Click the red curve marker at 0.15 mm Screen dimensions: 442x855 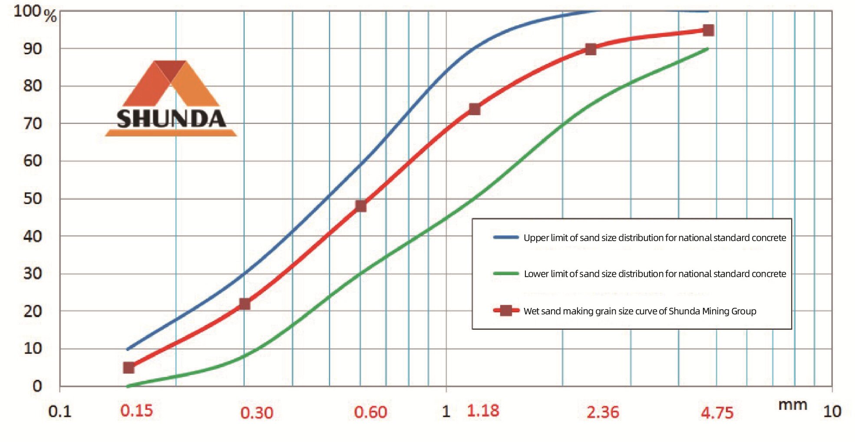[129, 368]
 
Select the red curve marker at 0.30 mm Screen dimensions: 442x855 [244, 304]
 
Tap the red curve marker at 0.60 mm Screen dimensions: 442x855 [360, 206]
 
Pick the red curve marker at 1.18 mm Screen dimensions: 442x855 [475, 109]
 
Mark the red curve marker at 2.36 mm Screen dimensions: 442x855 [591, 49]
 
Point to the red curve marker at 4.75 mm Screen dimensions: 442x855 [708, 30]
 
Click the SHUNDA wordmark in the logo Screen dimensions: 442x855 [171, 119]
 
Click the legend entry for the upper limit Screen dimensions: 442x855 [654, 237]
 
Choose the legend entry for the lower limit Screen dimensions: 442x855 [654, 274]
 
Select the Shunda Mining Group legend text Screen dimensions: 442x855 [640, 311]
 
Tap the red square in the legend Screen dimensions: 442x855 [506, 310]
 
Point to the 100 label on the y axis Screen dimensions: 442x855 [27, 11]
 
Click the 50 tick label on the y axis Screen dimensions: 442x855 [33, 199]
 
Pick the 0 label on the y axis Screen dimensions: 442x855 [37, 386]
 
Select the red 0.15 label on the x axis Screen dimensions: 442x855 [136, 411]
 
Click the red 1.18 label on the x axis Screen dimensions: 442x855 [483, 411]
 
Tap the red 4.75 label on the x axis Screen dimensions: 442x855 [717, 412]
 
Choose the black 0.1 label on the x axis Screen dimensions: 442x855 [59, 411]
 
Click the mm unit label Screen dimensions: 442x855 [792, 405]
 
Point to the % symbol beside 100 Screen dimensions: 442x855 [50, 16]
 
